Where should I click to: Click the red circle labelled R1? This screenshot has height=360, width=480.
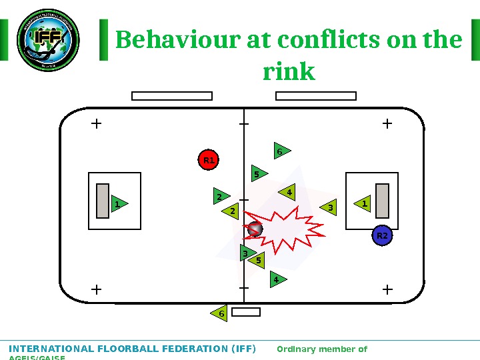tap(209, 160)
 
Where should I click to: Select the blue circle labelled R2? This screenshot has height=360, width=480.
tap(382, 236)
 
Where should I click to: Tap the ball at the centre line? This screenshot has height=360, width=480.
tap(254, 229)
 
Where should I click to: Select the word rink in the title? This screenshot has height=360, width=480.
tap(289, 71)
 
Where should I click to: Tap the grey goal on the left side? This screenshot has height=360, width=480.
tap(103, 201)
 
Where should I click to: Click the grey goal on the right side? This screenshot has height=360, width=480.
tap(382, 201)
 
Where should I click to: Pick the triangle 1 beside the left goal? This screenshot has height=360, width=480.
tap(119, 203)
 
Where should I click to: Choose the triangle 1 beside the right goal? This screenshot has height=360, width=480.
tap(363, 203)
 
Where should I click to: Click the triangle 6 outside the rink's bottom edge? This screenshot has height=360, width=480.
tap(219, 313)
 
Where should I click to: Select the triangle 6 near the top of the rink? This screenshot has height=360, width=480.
tap(281, 151)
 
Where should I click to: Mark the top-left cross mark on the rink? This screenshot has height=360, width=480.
tap(96, 123)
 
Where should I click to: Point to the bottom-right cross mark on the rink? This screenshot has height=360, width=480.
tap(388, 289)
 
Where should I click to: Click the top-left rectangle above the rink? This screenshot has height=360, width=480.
tap(172, 96)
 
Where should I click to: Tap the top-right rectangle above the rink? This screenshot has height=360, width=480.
tap(316, 96)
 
